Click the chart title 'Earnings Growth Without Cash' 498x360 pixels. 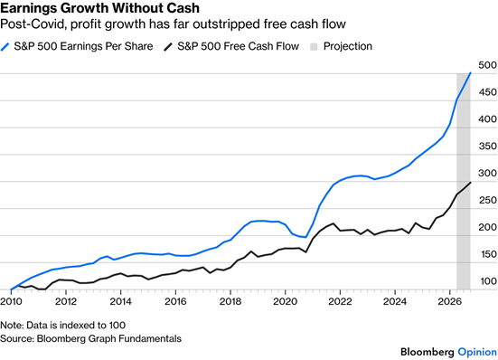(99, 8)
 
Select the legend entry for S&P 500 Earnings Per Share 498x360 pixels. (77, 46)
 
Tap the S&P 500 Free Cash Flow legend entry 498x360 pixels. (231, 46)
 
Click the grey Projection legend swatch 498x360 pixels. (314, 47)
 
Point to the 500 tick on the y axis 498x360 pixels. (487, 65)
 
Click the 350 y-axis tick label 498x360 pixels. (487, 147)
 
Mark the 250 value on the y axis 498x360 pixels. (487, 200)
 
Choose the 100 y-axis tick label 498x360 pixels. (487, 281)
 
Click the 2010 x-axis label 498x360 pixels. (11, 301)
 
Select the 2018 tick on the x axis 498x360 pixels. (230, 301)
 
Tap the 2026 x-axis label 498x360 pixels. (449, 301)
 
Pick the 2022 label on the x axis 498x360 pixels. (340, 301)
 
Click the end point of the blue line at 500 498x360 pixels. (470, 73)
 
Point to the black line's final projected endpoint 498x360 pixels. (470, 183)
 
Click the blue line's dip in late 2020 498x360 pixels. (305, 237)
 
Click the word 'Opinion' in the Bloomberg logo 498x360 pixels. (477, 352)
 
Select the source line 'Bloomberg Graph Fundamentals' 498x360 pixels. (109, 338)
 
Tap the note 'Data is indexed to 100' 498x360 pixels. (76, 326)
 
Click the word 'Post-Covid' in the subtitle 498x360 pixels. (32, 24)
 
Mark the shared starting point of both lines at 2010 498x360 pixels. (11, 289)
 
